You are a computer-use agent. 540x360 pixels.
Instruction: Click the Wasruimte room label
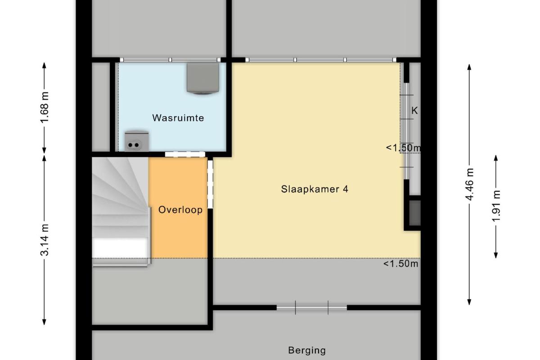click(x=178, y=118)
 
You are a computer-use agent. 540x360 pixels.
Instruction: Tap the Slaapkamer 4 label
click(x=315, y=189)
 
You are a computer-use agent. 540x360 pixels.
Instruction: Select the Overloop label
click(x=180, y=210)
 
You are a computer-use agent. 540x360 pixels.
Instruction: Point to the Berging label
click(x=307, y=350)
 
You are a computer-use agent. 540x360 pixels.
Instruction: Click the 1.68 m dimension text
click(x=45, y=107)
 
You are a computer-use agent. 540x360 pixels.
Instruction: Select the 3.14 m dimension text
click(x=45, y=240)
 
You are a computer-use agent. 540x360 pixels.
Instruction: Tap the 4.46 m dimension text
click(x=469, y=184)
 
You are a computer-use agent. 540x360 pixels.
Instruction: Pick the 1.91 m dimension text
click(x=496, y=206)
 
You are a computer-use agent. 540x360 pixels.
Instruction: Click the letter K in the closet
click(x=414, y=111)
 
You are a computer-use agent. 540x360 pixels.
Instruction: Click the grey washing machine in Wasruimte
click(x=203, y=78)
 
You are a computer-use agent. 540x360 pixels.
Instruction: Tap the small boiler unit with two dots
click(x=136, y=141)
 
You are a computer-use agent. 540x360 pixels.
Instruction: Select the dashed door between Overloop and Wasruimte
click(x=185, y=154)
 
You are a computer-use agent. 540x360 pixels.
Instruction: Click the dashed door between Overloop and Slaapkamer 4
click(x=210, y=184)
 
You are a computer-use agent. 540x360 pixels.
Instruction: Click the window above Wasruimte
click(x=171, y=60)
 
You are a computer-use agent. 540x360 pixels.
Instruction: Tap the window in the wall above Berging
click(x=312, y=307)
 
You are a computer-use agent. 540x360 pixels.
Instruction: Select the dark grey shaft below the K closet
click(x=414, y=213)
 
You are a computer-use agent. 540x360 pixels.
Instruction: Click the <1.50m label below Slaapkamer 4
click(x=400, y=264)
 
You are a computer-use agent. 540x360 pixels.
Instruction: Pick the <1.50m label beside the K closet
click(x=403, y=148)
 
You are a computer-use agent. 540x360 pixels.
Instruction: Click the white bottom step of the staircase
click(x=120, y=247)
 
